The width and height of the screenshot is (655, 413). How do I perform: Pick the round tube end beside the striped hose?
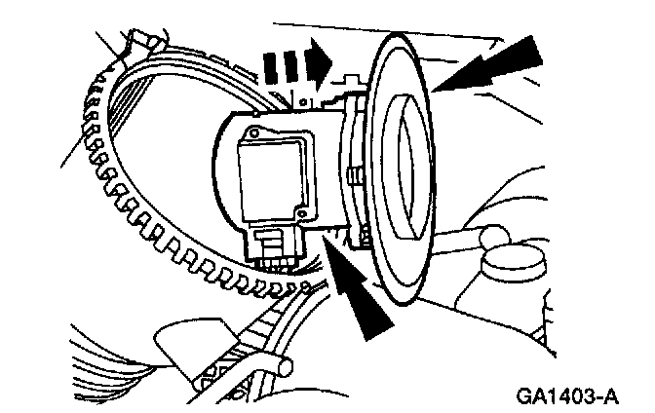point(284,364)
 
